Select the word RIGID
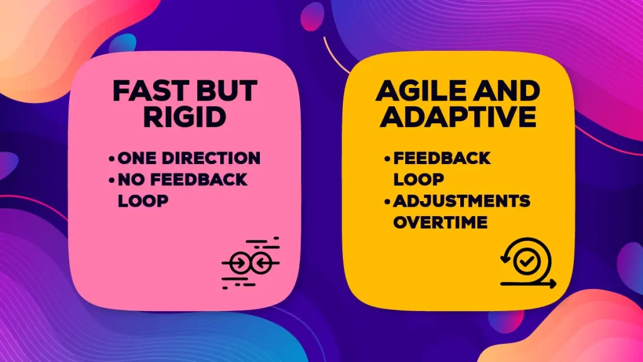[185, 118]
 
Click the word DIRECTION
[215, 158]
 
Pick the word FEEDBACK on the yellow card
[441, 158]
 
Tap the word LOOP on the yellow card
[418, 179]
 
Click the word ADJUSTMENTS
[462, 201]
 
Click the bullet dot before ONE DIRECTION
[112, 158]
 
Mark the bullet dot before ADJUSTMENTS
[387, 202]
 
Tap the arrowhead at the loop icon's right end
[553, 283]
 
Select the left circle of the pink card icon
[238, 263]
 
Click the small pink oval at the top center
[312, 17]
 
